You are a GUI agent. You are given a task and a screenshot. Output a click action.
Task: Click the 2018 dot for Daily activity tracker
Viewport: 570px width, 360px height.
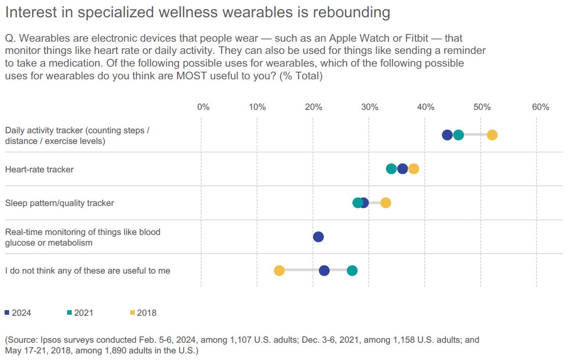click(x=492, y=135)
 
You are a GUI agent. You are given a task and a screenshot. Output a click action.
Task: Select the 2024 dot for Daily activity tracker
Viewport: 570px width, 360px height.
click(x=447, y=135)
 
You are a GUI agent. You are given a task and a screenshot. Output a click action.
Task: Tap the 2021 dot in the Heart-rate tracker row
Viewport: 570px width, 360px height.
click(x=392, y=169)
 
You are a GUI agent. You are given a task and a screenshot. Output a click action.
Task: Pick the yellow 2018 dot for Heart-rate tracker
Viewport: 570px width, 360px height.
click(x=414, y=169)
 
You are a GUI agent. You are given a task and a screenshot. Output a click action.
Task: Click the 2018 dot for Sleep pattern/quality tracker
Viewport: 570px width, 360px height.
click(x=386, y=203)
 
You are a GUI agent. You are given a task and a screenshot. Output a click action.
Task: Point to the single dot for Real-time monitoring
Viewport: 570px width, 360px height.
click(x=318, y=236)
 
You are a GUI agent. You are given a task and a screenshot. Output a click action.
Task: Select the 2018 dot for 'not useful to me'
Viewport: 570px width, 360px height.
click(x=279, y=271)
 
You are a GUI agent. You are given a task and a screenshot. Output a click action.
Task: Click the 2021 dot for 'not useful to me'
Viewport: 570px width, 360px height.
click(x=352, y=271)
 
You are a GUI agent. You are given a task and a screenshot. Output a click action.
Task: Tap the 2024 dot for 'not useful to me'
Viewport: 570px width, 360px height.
click(x=324, y=271)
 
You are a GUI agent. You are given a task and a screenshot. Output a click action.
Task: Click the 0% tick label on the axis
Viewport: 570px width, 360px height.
click(x=203, y=107)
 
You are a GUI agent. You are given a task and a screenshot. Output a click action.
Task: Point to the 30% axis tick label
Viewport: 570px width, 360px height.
click(x=370, y=107)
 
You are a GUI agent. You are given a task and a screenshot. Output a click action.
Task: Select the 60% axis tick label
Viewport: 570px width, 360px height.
click(x=541, y=107)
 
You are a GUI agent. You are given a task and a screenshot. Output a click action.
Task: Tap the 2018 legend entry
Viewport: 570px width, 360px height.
click(x=143, y=313)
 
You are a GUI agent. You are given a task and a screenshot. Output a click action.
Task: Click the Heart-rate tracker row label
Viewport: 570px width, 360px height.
click(x=39, y=169)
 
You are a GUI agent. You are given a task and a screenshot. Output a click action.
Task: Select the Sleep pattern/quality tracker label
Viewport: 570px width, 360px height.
click(x=59, y=203)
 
